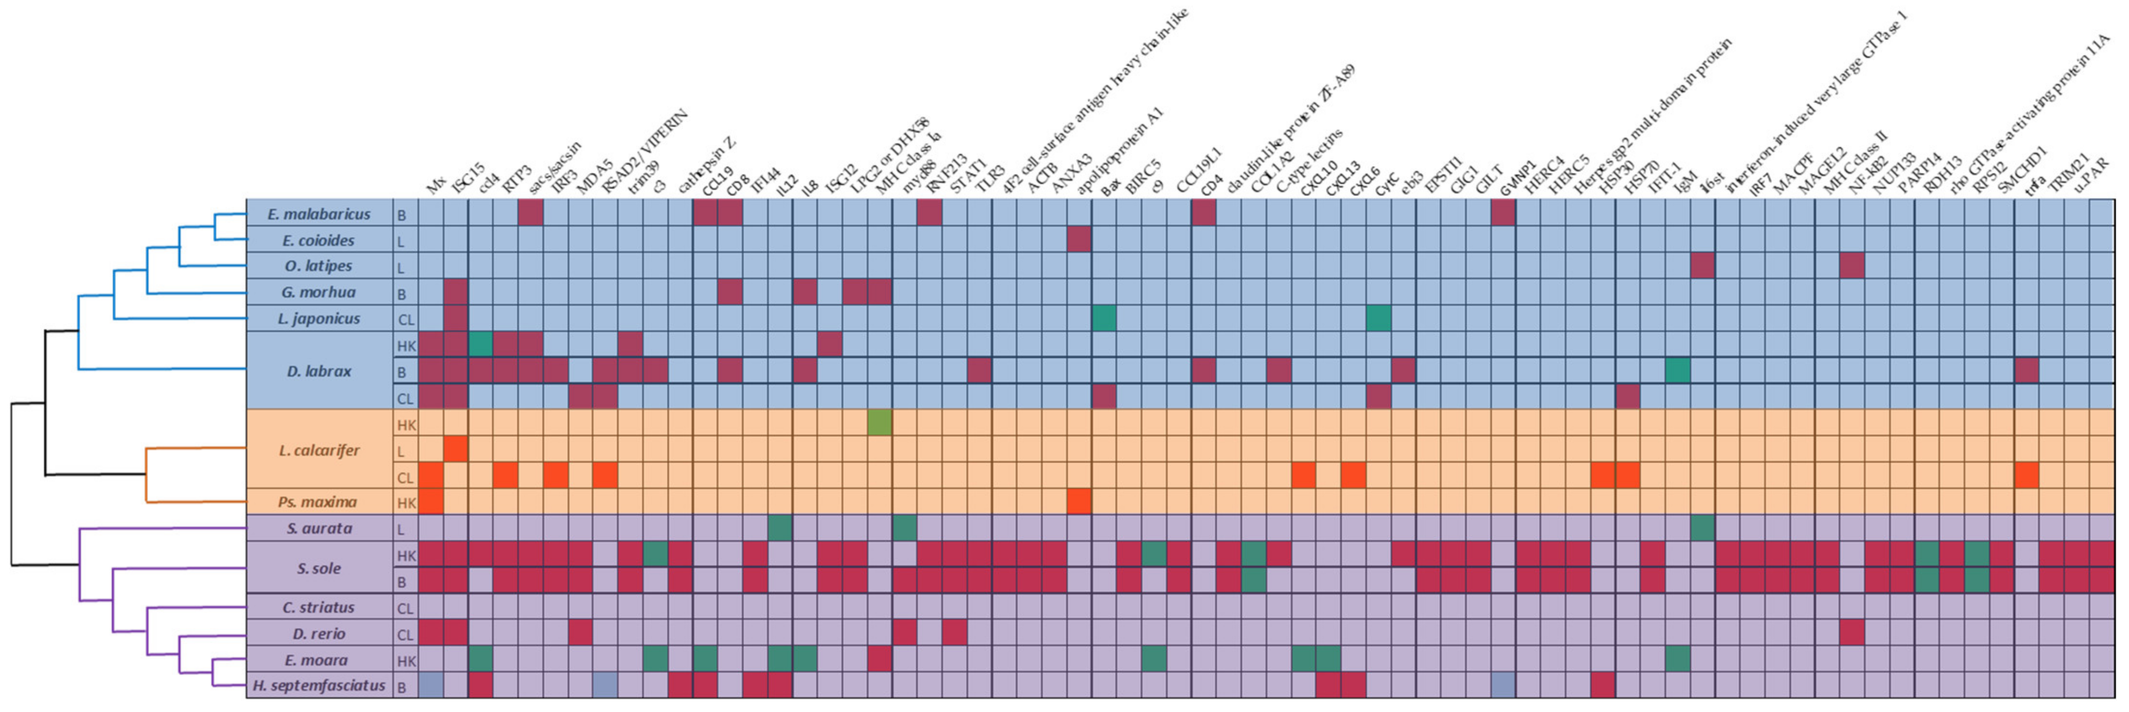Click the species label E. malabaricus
[x=319, y=214]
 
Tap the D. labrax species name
[x=319, y=371]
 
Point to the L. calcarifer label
[x=319, y=451]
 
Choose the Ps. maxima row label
[x=317, y=502]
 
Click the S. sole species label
[x=319, y=568]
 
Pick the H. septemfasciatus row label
[x=319, y=685]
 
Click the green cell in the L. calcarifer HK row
[x=879, y=424]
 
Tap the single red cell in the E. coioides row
[x=1079, y=240]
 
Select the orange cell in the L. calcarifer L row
[x=455, y=450]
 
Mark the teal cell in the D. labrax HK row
[x=480, y=345]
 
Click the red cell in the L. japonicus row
[x=455, y=318]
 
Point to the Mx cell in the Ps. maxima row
[x=431, y=502]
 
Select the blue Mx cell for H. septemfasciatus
[x=431, y=685]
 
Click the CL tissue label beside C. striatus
[x=405, y=608]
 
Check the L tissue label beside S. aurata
[x=402, y=529]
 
